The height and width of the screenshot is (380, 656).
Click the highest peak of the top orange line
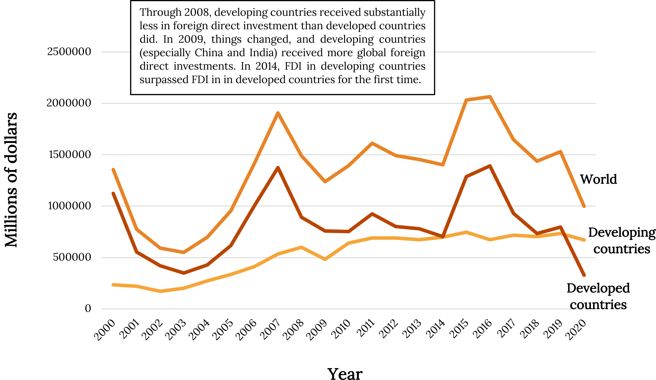pos(490,97)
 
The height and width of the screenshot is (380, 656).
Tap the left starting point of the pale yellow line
pos(113,285)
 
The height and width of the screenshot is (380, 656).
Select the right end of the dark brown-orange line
pos(584,275)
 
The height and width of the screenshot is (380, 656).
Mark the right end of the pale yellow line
pos(584,240)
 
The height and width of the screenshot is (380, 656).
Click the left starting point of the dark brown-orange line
pos(113,193)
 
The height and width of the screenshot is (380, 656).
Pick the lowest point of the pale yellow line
pos(160,291)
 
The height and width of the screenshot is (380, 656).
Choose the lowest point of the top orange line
pos(184,252)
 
